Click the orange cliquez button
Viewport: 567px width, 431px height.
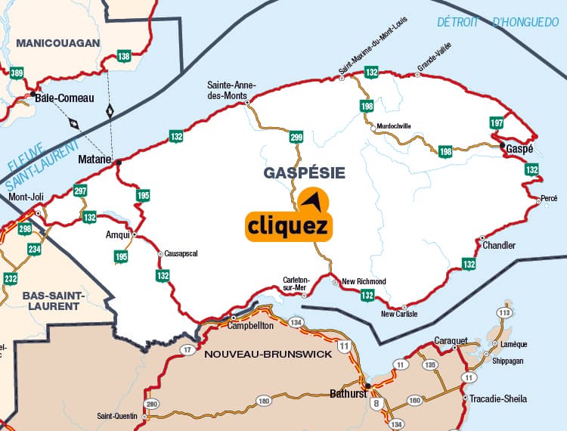pyautogui.click(x=288, y=225)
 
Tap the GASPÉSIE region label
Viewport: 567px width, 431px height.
pyautogui.click(x=304, y=173)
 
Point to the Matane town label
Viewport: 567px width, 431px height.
pyautogui.click(x=94, y=160)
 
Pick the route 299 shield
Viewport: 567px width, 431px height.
pyautogui.click(x=296, y=137)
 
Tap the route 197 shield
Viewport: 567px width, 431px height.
pyautogui.click(x=497, y=123)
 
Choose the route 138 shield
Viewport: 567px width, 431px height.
pyautogui.click(x=124, y=56)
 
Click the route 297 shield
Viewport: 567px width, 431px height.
pyautogui.click(x=81, y=191)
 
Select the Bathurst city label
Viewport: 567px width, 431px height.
pyautogui.click(x=348, y=393)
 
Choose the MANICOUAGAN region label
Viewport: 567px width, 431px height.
pyautogui.click(x=57, y=43)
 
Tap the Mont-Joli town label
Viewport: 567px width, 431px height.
pyautogui.click(x=26, y=197)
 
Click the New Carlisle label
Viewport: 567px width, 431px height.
pyautogui.click(x=399, y=314)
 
